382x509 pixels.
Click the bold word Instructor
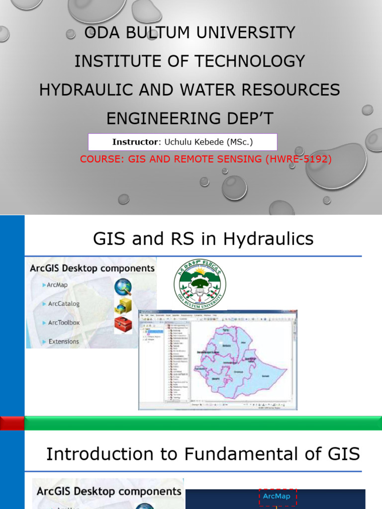(x=135, y=142)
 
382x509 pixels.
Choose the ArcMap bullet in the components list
(x=57, y=285)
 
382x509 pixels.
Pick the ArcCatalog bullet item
(x=63, y=304)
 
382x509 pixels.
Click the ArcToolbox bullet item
(x=63, y=323)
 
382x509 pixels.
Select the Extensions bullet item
(x=63, y=341)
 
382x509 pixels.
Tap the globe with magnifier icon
(x=123, y=287)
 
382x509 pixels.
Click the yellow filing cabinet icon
(x=123, y=306)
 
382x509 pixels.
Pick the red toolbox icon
(x=123, y=325)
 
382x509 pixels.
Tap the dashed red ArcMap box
(x=277, y=496)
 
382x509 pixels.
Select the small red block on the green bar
(x=12, y=424)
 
